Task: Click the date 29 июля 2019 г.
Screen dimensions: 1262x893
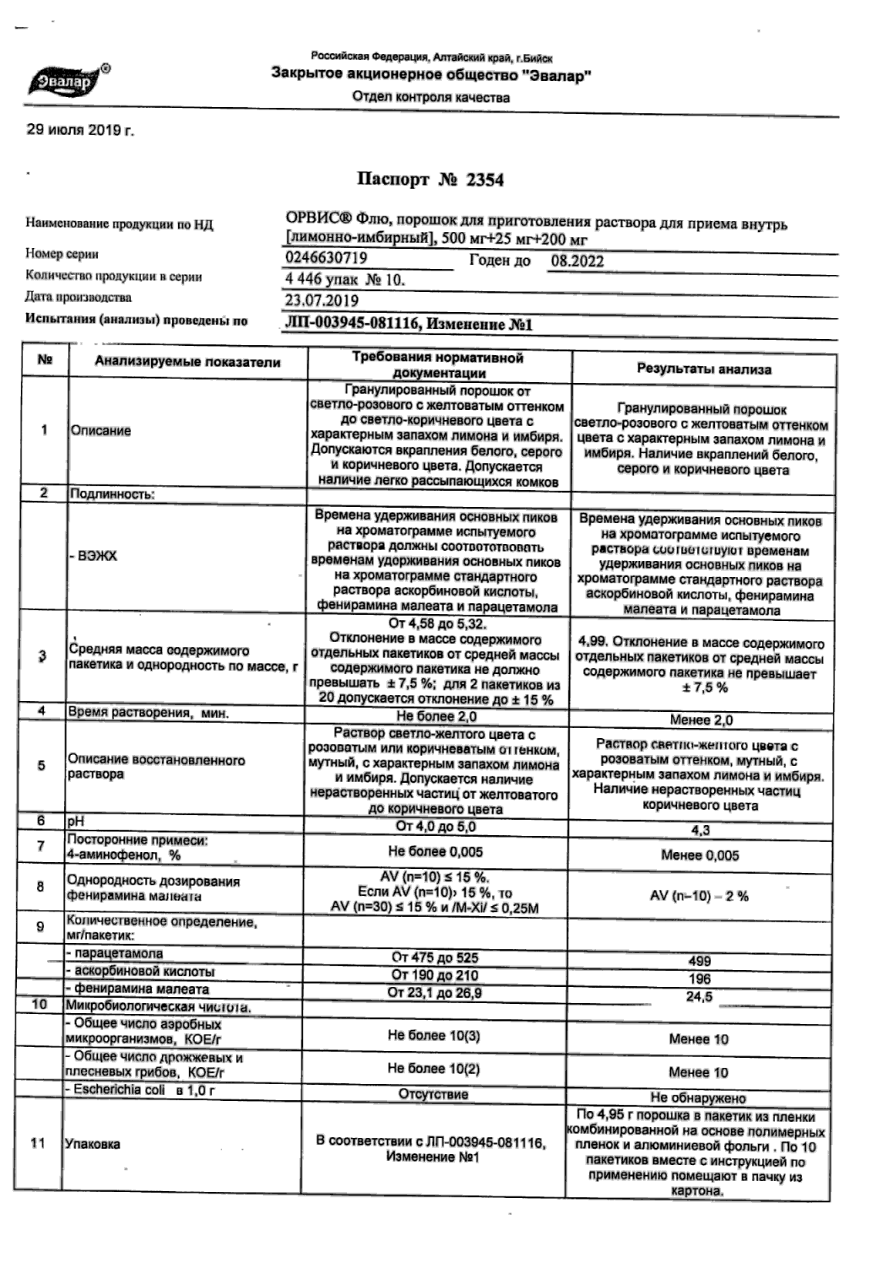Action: [80, 131]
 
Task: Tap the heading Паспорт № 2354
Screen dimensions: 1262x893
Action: [430, 180]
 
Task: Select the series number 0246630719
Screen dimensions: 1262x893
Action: [326, 258]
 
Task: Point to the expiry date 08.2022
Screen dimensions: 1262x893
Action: [577, 261]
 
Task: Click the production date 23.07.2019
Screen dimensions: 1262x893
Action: [322, 300]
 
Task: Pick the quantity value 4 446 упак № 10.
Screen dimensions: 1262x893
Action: [344, 280]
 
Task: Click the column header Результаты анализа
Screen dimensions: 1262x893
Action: [703, 369]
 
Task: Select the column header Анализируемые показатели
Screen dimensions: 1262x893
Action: [187, 362]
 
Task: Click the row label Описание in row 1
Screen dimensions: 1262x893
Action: [101, 431]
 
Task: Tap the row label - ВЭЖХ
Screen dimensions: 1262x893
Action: [95, 555]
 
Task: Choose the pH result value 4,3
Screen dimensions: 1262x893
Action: [701, 831]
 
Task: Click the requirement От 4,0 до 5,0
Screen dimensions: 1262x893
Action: [436, 827]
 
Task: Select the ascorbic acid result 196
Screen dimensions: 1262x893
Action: [699, 979]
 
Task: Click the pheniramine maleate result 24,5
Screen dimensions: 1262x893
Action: [699, 997]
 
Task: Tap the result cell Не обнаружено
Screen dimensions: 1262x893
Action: [698, 1098]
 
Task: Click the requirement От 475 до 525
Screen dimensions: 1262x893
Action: [435, 958]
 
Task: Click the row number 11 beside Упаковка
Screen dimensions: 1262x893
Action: [38, 1143]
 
